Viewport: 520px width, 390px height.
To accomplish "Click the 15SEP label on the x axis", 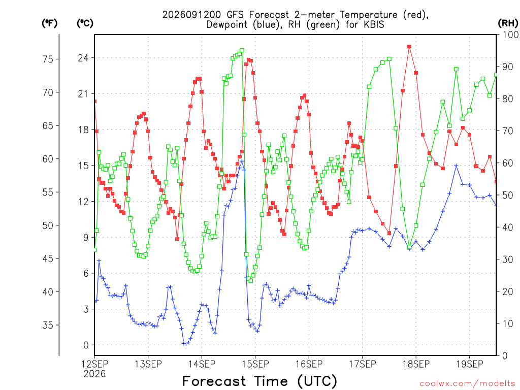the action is (x=255, y=364).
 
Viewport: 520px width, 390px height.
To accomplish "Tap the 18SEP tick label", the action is (x=416, y=364).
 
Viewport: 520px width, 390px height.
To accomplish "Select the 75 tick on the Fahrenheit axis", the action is (x=48, y=59).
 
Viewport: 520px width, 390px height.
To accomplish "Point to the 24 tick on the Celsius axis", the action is (x=83, y=58).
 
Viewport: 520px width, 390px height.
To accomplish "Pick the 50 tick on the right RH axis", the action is (x=508, y=196).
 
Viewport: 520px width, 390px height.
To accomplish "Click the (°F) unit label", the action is (x=49, y=23).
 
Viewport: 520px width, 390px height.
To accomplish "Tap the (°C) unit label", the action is (x=85, y=23).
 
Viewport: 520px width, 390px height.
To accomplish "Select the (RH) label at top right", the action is (x=508, y=23).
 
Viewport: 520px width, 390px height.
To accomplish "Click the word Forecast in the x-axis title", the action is (x=214, y=381).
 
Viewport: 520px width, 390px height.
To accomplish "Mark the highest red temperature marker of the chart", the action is (x=409, y=47).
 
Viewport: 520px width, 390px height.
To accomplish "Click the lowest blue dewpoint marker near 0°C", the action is (x=184, y=344).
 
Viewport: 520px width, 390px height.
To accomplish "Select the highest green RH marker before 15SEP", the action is (x=242, y=50).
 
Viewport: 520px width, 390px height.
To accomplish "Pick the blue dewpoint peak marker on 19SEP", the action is (x=456, y=166).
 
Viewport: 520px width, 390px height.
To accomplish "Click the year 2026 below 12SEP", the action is (x=94, y=374).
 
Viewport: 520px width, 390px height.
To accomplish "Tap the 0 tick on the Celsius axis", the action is (x=86, y=345).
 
